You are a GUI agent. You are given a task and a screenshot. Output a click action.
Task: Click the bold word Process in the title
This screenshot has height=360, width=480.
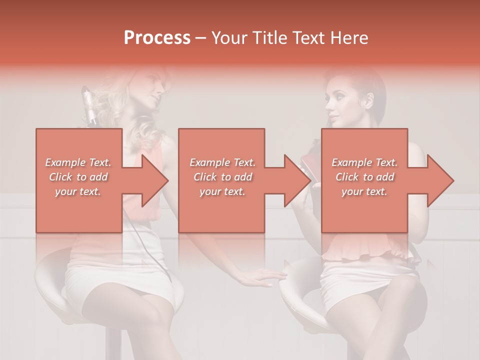(157, 37)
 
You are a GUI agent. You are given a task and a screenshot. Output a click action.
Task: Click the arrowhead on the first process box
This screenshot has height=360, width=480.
(152, 180)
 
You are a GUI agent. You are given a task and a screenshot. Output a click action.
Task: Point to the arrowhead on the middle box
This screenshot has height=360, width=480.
(295, 180)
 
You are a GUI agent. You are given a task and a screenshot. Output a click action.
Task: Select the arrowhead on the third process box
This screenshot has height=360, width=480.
(438, 180)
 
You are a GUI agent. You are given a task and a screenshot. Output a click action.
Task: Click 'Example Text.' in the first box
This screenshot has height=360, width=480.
(78, 162)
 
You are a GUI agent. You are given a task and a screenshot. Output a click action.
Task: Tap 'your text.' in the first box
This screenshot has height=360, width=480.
(78, 191)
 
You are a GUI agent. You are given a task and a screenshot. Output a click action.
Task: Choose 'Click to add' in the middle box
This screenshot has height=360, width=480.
(222, 177)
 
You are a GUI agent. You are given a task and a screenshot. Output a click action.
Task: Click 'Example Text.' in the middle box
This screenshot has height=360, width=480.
(222, 162)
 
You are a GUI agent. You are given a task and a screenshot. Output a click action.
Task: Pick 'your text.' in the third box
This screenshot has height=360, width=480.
(364, 191)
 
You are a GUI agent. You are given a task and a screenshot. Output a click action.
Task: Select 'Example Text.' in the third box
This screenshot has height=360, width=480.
(364, 162)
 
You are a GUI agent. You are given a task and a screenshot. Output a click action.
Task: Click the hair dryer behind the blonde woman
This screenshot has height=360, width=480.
(89, 105)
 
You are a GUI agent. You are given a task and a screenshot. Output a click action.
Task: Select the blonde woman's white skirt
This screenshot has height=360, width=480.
(120, 280)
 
